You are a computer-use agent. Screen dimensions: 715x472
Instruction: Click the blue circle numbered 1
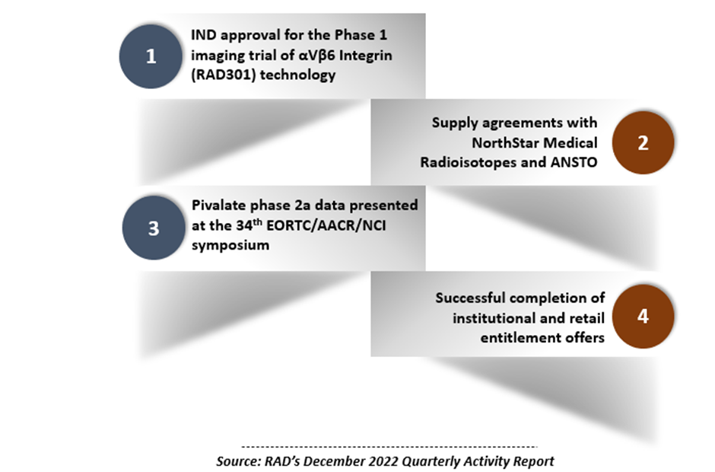pyautogui.click(x=151, y=56)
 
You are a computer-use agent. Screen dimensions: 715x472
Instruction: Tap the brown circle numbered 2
pyautogui.click(x=643, y=142)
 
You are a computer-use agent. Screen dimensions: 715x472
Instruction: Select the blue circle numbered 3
pyautogui.click(x=154, y=228)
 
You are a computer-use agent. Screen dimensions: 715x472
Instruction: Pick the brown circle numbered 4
pyautogui.click(x=643, y=316)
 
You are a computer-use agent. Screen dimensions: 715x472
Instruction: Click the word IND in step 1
pyautogui.click(x=203, y=35)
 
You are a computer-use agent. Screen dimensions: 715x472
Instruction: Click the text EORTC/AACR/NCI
pyautogui.click(x=326, y=225)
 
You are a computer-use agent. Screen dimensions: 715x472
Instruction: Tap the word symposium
pyautogui.click(x=230, y=246)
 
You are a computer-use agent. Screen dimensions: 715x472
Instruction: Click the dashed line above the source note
pyautogui.click(x=389, y=447)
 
